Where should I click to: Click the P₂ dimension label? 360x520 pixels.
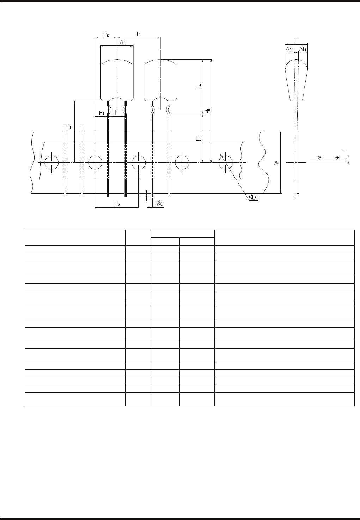(106, 34)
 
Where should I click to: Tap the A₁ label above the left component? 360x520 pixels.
(122, 42)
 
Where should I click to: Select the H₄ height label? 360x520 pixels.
(199, 87)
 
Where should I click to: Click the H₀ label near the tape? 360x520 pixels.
(199, 138)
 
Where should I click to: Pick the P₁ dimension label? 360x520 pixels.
(102, 113)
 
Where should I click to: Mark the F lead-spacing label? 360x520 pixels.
(117, 113)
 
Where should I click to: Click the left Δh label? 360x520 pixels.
(289, 49)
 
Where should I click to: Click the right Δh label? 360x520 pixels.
(302, 49)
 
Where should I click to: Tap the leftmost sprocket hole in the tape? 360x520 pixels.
(51, 162)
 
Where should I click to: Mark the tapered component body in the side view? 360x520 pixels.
(295, 79)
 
